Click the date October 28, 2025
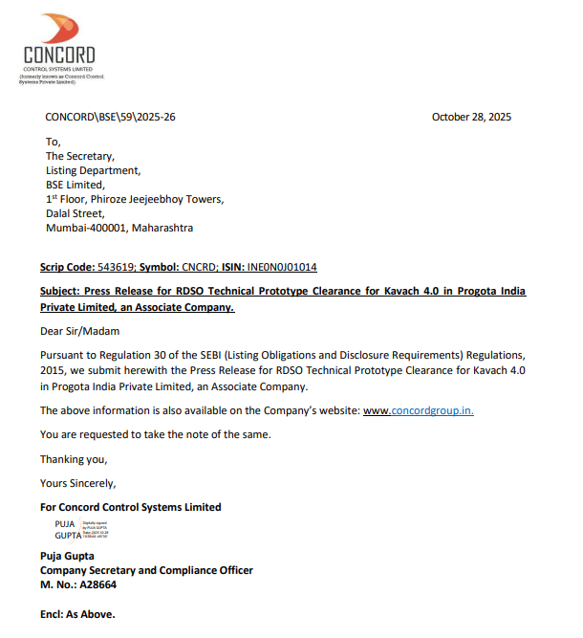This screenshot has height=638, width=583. (471, 117)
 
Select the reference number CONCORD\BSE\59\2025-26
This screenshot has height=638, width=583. (110, 117)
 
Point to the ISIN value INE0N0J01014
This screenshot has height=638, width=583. (284, 268)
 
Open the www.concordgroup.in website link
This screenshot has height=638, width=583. (419, 410)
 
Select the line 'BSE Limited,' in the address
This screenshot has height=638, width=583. (76, 185)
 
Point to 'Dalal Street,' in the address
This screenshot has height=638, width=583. (76, 213)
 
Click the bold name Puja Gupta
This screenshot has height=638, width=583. (67, 556)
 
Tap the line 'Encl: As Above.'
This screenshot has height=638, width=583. (77, 614)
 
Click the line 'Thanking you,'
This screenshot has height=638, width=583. (74, 459)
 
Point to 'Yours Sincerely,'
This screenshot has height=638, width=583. (77, 483)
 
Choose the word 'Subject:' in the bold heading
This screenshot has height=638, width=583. (60, 291)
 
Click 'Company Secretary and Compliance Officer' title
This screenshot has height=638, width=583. (146, 570)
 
